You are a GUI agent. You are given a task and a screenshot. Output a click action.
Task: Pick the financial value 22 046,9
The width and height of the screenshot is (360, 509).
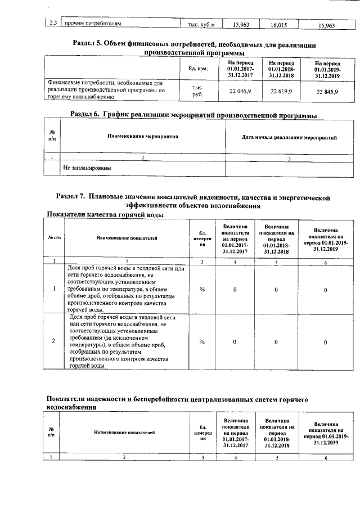pos(241,92)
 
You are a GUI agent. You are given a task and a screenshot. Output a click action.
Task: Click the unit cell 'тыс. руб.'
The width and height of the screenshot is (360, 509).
pos(197,92)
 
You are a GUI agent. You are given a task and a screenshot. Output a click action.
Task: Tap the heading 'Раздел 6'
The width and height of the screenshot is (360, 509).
pos(192,115)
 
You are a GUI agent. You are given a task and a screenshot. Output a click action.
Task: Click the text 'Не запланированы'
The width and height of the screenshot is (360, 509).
pos(87,168)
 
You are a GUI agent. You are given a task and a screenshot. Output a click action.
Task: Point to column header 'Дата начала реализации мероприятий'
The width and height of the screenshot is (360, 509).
pos(289,137)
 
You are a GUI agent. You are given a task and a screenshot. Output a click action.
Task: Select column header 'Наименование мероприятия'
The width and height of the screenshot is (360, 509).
pos(142,137)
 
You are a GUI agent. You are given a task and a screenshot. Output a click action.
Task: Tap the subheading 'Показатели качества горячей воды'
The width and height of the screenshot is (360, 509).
pos(105,215)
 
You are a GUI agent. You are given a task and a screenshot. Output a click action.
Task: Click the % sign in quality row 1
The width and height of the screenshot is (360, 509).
pos(202,289)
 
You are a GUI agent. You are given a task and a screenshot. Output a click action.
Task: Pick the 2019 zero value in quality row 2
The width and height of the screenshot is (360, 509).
pos(326,342)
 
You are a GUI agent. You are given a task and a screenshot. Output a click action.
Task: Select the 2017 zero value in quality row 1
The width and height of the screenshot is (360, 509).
pos(235,289)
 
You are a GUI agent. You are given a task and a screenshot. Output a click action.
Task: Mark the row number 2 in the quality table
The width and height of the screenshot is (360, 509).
pos(53,341)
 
